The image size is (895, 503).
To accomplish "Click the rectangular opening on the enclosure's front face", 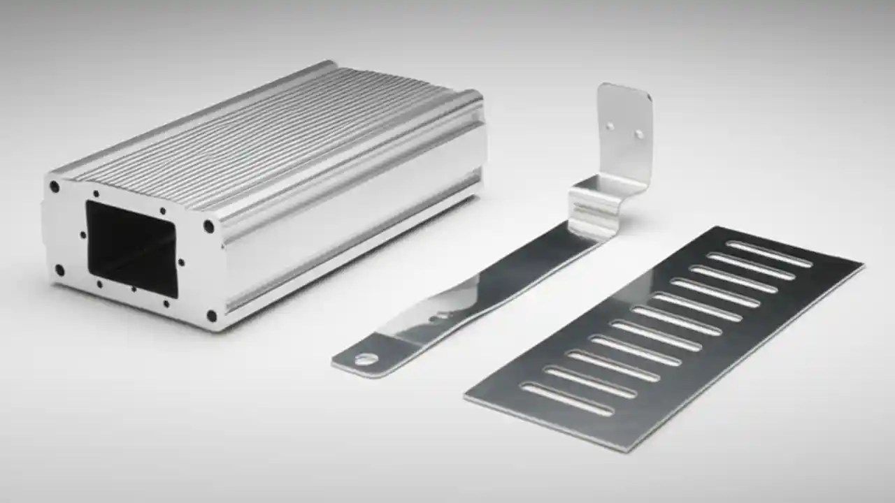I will coord(131,248).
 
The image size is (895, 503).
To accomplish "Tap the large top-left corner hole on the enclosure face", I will coord(54,187).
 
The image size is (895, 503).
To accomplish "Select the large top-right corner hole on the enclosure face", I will coord(208,226).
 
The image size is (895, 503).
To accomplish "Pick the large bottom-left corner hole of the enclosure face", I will coord(60,270).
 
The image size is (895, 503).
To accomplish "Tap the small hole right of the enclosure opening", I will coord(182,263).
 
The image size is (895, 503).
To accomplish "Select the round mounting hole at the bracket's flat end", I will coord(365,360).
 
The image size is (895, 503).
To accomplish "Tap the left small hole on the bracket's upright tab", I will coord(610,126).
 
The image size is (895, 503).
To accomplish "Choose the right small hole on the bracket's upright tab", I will coord(638,133).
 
